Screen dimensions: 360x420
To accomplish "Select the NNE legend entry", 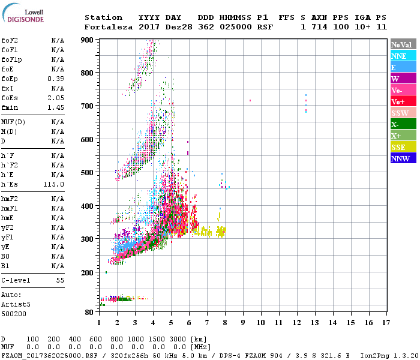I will pos(399,56).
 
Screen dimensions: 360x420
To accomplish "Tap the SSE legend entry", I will pos(399,147).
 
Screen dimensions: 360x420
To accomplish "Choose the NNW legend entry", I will pos(400,158).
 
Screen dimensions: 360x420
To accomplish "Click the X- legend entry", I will pos(395,124).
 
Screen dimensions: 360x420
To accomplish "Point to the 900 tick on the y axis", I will pos(88,40).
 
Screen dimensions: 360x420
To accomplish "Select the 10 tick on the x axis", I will pos(260,323).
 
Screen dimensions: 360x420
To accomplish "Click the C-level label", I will pos(16,280).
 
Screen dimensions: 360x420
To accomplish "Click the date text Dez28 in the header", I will pos(176,27).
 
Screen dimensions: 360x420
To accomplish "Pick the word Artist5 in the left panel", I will pos(16,304).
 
